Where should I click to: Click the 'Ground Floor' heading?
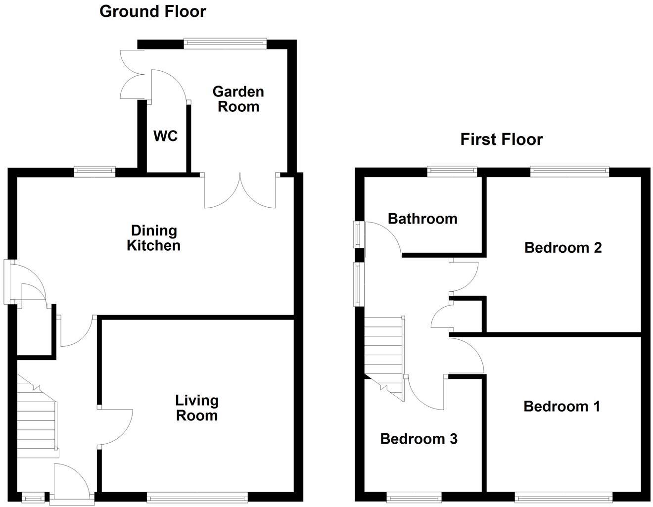pyautogui.click(x=152, y=11)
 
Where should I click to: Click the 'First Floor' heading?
pyautogui.click(x=501, y=139)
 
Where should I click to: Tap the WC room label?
pyautogui.click(x=165, y=136)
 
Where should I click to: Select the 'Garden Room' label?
pyautogui.click(x=238, y=99)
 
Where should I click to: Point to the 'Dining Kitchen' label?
pyautogui.click(x=153, y=238)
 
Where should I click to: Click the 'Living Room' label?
pyautogui.click(x=197, y=408)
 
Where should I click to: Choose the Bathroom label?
pyautogui.click(x=422, y=219)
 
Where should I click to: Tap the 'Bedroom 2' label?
pyautogui.click(x=563, y=247)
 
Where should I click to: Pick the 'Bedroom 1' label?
pyautogui.click(x=561, y=407)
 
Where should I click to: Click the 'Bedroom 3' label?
pyautogui.click(x=419, y=439)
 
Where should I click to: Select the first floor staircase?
pyautogui.click(x=384, y=351)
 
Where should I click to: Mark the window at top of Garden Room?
pyautogui.click(x=225, y=44)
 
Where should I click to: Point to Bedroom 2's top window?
pyautogui.click(x=569, y=172)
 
